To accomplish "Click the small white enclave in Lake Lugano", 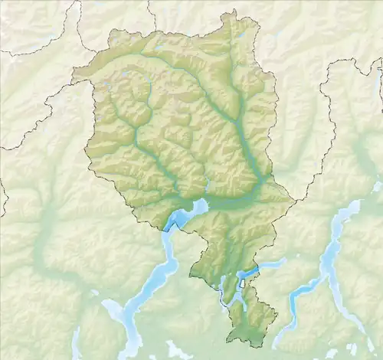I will pyautogui.click(x=243, y=283).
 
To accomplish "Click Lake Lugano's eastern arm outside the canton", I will pyautogui.click(x=268, y=264).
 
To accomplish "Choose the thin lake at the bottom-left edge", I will pyautogui.click(x=77, y=342).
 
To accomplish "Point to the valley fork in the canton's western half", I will pyautogui.click(x=136, y=130).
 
